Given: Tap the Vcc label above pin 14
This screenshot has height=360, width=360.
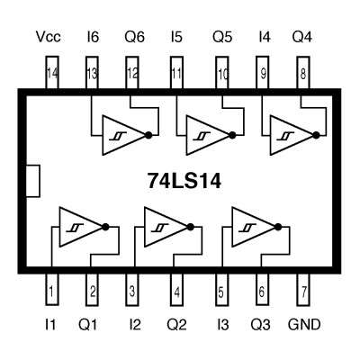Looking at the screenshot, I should click(48, 39).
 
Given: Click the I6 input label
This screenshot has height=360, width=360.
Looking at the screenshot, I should click(92, 39).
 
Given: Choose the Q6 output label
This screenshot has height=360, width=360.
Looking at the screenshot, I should click(133, 39).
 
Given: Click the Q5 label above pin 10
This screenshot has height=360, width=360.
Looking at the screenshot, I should click(219, 39).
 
